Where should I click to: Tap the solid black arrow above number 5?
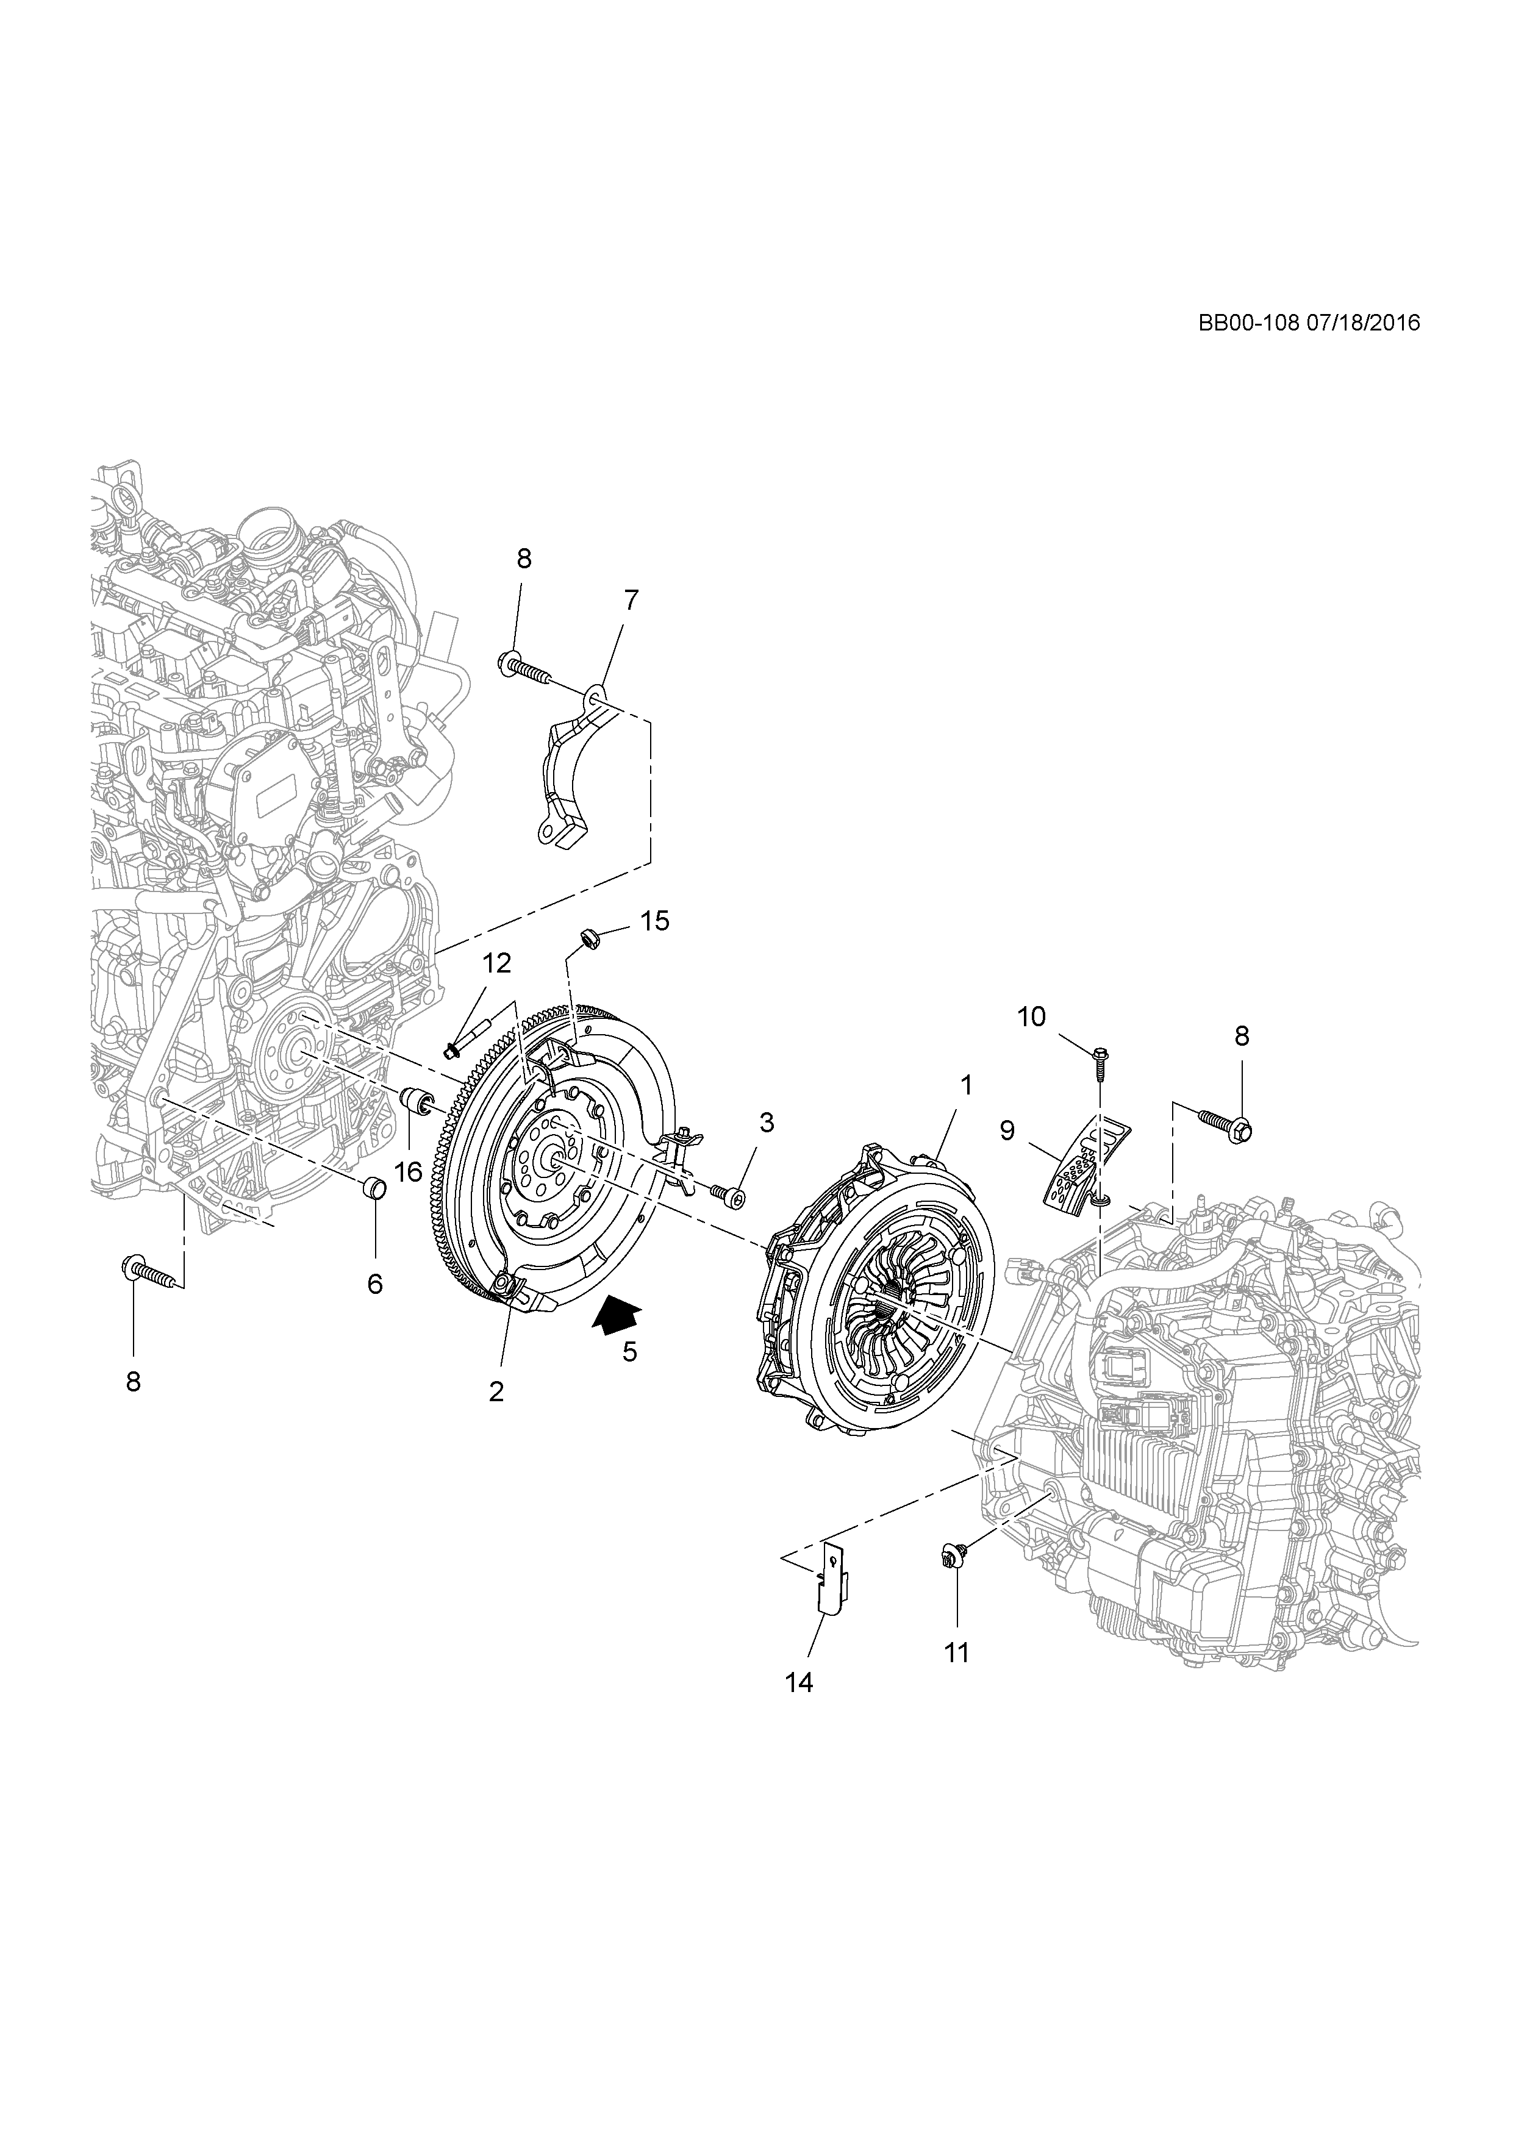[x=617, y=1315]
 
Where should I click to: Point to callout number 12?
[x=498, y=963]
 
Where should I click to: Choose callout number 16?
[x=408, y=1171]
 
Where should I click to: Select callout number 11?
[x=957, y=1652]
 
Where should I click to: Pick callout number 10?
[x=1031, y=1016]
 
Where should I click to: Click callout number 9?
[x=1007, y=1131]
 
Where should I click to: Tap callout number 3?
[x=766, y=1123]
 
